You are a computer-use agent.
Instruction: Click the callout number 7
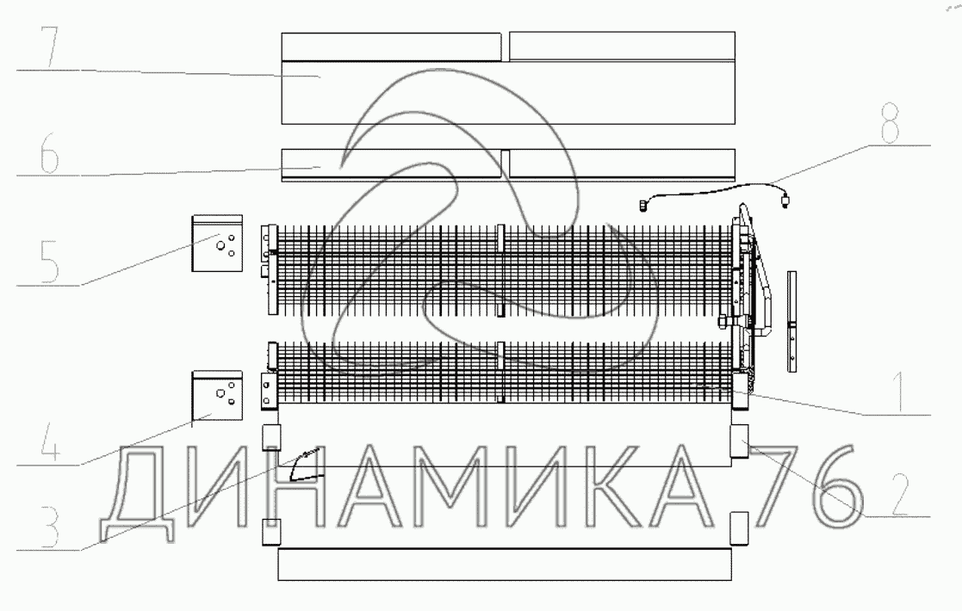49,46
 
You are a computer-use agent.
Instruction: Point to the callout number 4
50,441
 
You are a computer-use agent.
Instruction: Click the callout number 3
49,527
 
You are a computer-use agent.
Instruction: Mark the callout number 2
899,494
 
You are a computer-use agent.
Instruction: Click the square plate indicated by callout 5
217,243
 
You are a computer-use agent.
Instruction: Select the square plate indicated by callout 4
217,396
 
